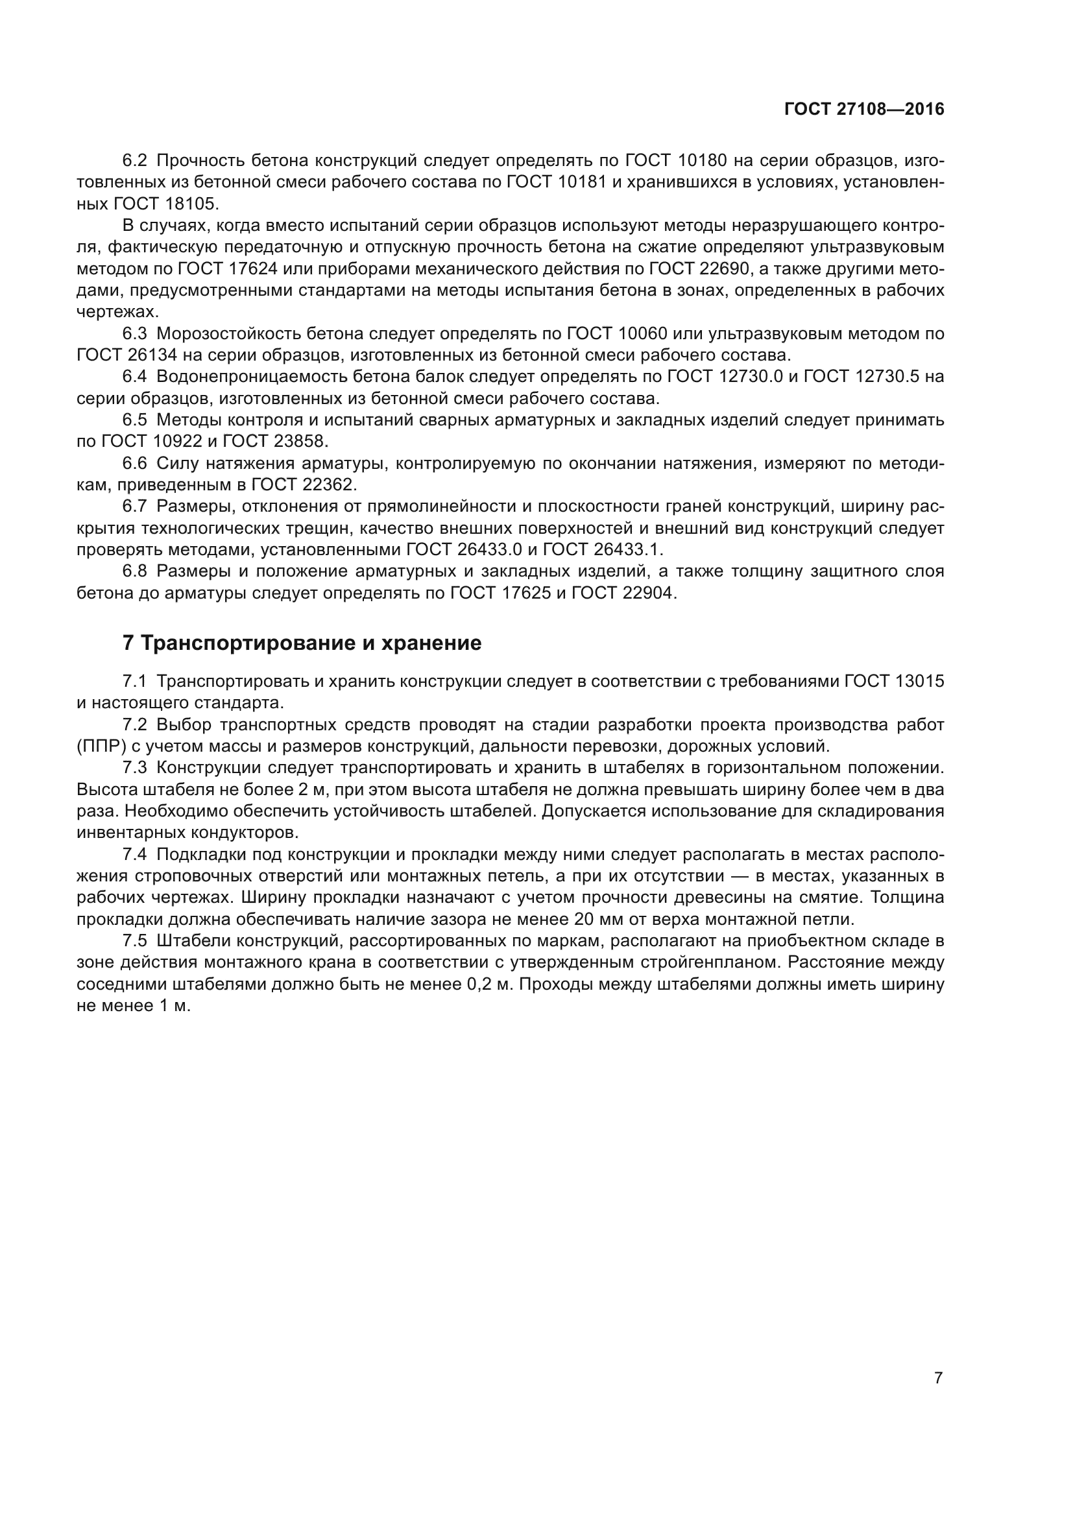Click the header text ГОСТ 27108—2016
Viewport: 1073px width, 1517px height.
point(864,109)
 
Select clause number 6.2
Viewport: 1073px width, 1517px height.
point(135,161)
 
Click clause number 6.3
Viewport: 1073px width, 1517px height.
point(135,333)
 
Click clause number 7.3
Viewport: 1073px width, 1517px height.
point(135,768)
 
